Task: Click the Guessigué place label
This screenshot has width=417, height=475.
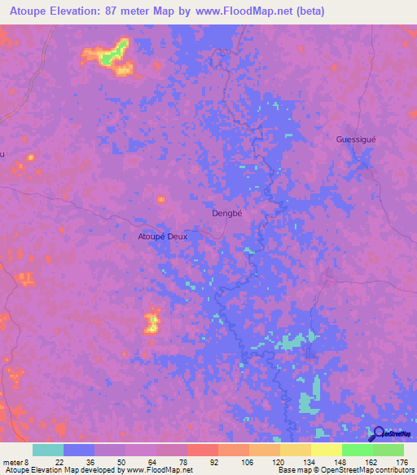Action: click(x=356, y=139)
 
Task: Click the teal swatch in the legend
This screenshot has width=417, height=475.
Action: click(x=48, y=451)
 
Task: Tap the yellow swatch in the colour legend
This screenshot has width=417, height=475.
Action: click(x=327, y=451)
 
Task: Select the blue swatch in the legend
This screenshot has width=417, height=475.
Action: click(x=79, y=451)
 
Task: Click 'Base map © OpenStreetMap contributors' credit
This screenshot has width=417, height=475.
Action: click(x=345, y=469)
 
